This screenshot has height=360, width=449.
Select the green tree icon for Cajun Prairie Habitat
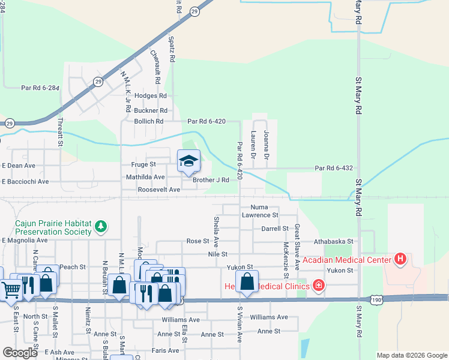(x=101, y=227)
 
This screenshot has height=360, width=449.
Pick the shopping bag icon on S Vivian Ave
(x=247, y=281)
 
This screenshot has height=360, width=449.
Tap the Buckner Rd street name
(x=150, y=111)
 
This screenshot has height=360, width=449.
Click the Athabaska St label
(x=333, y=241)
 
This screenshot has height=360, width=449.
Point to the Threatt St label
(x=60, y=131)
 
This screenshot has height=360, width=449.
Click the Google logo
(x=20, y=353)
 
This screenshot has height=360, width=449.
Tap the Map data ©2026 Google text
(x=412, y=355)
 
